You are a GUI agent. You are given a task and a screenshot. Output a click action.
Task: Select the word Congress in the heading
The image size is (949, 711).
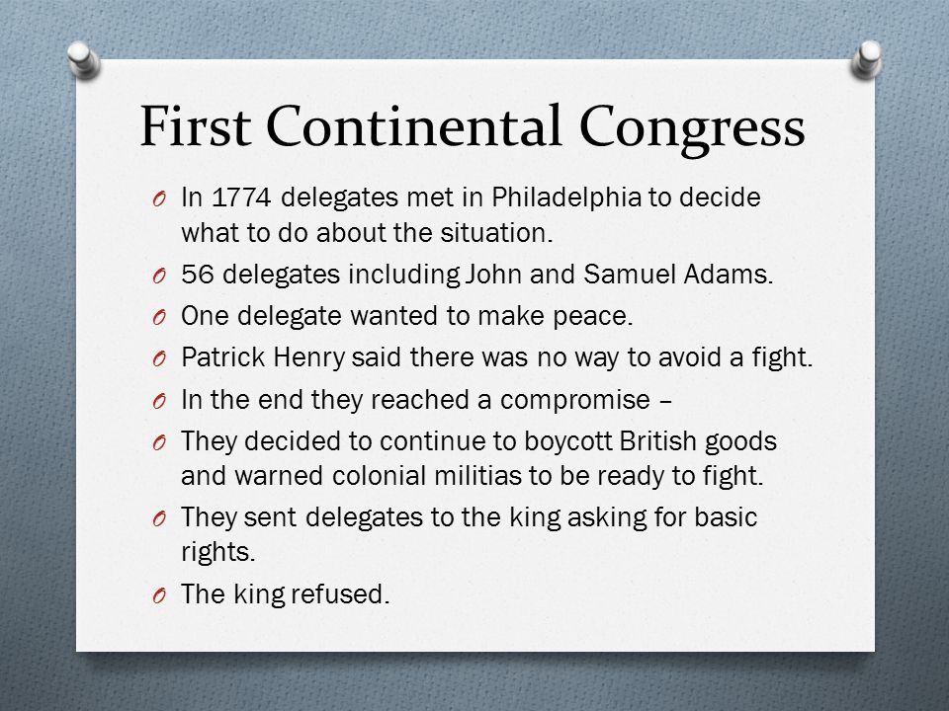(692, 130)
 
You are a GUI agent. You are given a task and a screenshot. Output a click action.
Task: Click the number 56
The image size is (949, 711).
(198, 275)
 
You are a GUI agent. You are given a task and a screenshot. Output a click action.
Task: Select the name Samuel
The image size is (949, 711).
(630, 274)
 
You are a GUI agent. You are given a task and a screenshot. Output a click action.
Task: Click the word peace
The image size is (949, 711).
(593, 317)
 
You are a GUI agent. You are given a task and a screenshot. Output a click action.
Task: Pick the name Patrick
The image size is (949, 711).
(223, 357)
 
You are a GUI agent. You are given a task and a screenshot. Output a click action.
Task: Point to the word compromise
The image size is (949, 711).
(575, 401)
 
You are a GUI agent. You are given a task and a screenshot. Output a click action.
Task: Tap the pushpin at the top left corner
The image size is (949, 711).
(83, 59)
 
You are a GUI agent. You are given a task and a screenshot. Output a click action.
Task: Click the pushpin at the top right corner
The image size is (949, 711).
(866, 59)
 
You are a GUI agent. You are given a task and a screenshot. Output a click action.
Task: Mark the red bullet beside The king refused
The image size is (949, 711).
(159, 596)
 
